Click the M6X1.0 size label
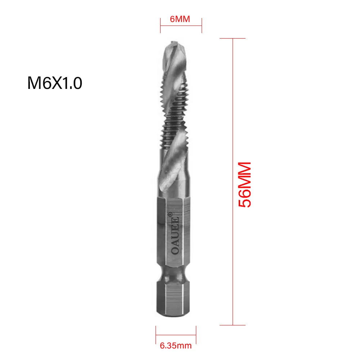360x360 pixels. [55, 83]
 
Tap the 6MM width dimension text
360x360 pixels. [180, 19]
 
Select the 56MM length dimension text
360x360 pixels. [244, 185]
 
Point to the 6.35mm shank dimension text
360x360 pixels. [176, 346]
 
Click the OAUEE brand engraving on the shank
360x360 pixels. [175, 235]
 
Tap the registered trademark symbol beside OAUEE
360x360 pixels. [170, 214]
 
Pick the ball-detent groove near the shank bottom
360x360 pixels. [174, 275]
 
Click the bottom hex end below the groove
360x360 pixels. [173, 298]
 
